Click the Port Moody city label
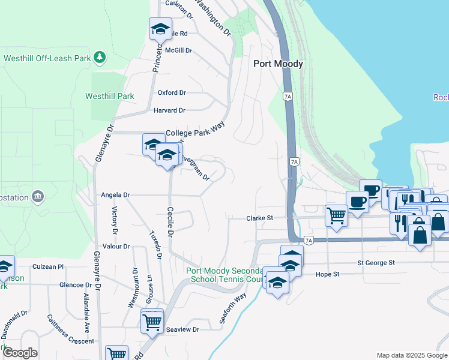tap(278, 64)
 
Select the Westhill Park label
tap(109, 96)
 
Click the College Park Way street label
tap(190, 133)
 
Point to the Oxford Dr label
tap(172, 93)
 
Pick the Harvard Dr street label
tap(170, 110)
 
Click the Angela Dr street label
tap(115, 195)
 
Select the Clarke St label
tap(260, 219)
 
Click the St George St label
tap(376, 263)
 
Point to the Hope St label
tap(328, 274)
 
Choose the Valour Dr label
tap(116, 247)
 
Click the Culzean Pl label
tap(48, 266)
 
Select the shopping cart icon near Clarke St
tap(336, 214)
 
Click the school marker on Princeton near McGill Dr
tap(160, 28)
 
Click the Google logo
tap(20, 353)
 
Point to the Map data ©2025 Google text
tap(411, 355)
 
